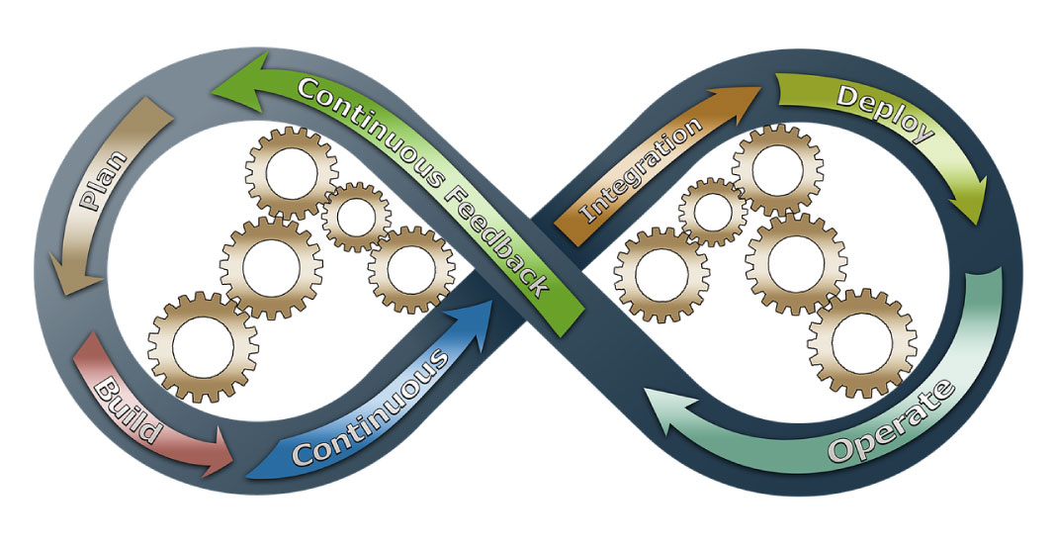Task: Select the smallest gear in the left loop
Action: tap(355, 217)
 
